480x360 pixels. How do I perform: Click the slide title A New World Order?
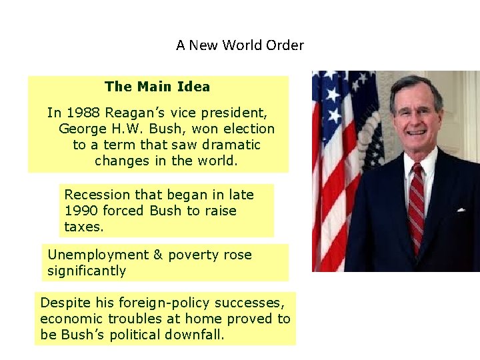(x=240, y=45)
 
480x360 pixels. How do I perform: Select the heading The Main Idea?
(x=157, y=87)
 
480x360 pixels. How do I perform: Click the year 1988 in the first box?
(x=81, y=113)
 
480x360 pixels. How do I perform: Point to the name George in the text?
(x=83, y=129)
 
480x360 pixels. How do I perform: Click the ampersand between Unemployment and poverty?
(x=158, y=255)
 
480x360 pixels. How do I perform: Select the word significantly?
(x=87, y=271)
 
